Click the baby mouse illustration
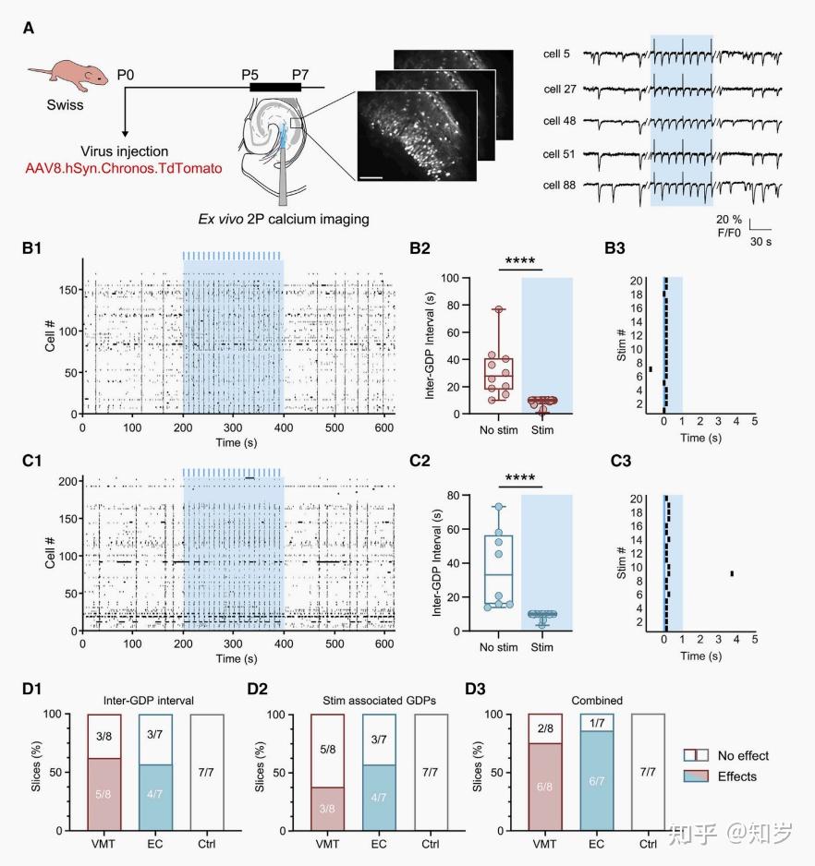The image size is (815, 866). point(66,78)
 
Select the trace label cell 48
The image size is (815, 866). point(557,121)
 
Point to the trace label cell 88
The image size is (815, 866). point(557,186)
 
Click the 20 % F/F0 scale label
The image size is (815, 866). point(730,227)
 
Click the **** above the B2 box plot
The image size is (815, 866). point(521,260)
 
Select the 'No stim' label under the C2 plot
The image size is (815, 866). point(499,647)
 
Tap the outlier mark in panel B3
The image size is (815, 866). point(651,369)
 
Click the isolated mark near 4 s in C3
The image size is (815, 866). point(732,573)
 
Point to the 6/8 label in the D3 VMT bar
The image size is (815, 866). point(544,780)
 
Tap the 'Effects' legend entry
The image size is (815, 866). point(737,776)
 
